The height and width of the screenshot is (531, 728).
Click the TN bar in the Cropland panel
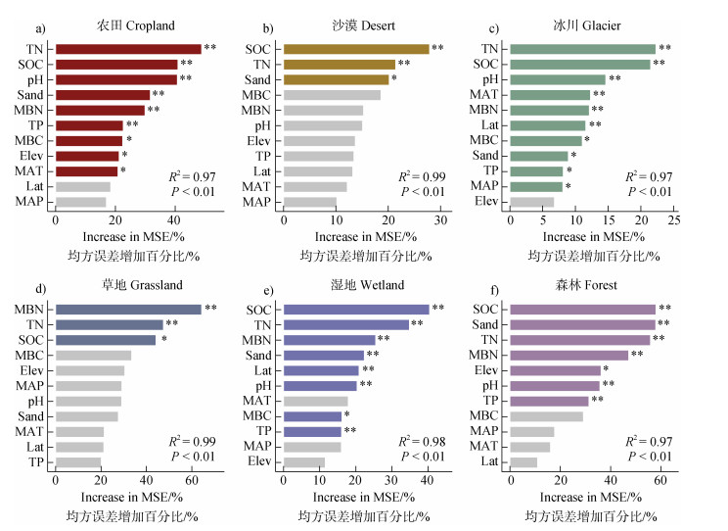[127, 48]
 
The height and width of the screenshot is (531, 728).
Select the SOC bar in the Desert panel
[356, 48]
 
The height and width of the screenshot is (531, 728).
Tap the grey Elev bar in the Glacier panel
[531, 202]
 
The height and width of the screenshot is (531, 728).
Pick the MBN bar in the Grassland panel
[127, 309]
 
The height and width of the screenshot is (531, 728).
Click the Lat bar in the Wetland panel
[321, 370]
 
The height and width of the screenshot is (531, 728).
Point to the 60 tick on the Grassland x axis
[191, 482]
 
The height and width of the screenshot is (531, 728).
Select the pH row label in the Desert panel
[261, 125]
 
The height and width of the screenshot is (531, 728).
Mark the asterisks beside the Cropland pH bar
[185, 78]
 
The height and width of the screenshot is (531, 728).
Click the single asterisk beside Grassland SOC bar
[164, 340]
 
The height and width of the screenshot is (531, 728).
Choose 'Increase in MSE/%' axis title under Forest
[590, 498]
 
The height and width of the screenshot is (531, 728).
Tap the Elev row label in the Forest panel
[488, 370]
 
